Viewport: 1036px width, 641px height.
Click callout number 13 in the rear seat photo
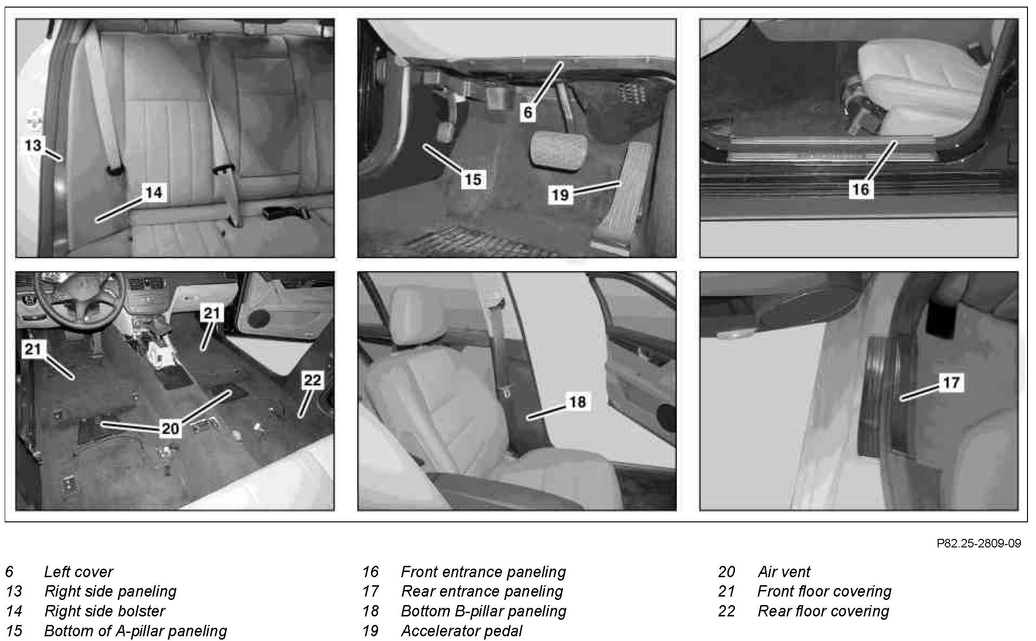pyautogui.click(x=33, y=145)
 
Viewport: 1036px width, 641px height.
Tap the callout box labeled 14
pyautogui.click(x=154, y=192)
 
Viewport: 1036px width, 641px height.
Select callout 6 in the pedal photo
pyautogui.click(x=528, y=112)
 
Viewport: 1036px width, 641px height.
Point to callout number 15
pyautogui.click(x=473, y=180)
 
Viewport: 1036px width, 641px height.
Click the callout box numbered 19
pyautogui.click(x=561, y=194)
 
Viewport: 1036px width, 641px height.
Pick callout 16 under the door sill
pyautogui.click(x=861, y=190)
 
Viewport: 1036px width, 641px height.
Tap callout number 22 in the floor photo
pyautogui.click(x=312, y=380)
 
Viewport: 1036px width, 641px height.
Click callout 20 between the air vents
pyautogui.click(x=171, y=429)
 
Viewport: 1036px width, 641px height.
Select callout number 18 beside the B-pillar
pyautogui.click(x=578, y=402)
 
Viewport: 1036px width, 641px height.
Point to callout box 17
pyautogui.click(x=952, y=382)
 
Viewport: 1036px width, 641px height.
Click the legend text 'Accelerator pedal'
pyautogui.click(x=462, y=631)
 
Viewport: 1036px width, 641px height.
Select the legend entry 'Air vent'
pyautogui.click(x=784, y=572)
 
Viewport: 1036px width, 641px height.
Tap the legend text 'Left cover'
pyautogui.click(x=78, y=572)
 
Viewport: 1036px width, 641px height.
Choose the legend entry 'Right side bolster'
pyautogui.click(x=104, y=611)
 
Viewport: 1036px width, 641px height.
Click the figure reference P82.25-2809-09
pyautogui.click(x=979, y=543)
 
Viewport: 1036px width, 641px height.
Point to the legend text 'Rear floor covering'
pyautogui.click(x=823, y=611)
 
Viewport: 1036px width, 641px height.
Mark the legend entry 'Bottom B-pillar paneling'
pyautogui.click(x=483, y=611)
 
